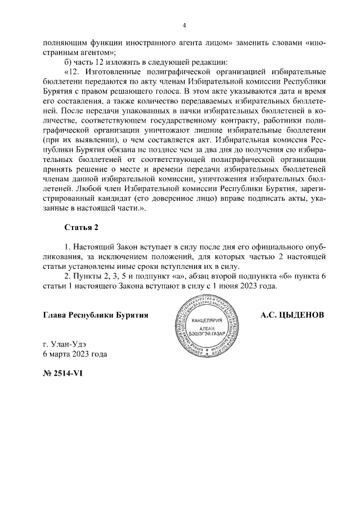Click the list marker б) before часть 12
(70, 62)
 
